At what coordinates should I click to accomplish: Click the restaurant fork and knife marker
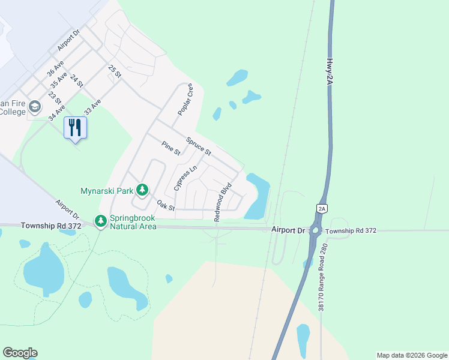click(x=75, y=128)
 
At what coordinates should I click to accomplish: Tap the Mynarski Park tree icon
click(x=142, y=190)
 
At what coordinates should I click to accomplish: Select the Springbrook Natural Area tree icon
click(x=101, y=222)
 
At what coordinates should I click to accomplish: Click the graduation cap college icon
click(x=35, y=107)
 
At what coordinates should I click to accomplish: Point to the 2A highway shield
click(x=322, y=208)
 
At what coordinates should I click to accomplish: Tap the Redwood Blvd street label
click(x=223, y=202)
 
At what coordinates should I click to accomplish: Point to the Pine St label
click(x=171, y=148)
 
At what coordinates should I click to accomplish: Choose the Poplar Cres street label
click(x=185, y=100)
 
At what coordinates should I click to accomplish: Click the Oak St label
click(x=166, y=206)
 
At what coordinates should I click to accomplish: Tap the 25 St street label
click(x=115, y=71)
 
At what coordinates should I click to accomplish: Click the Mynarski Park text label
click(x=107, y=191)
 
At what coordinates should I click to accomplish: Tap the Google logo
click(x=20, y=353)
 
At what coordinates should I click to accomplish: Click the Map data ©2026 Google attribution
click(x=412, y=355)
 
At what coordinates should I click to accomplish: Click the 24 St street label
click(x=76, y=81)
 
